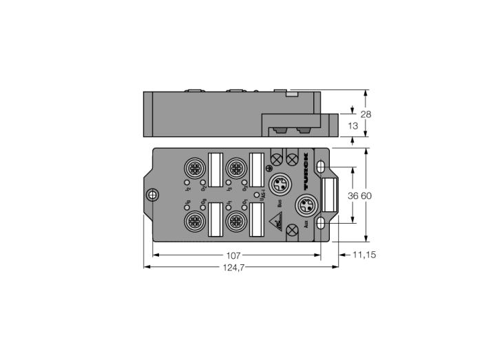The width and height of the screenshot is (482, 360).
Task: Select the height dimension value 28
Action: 366,114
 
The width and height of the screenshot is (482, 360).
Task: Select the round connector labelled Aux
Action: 304,205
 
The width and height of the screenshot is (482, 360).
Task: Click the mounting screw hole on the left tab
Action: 153,195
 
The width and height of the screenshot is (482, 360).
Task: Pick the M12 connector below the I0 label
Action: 193,221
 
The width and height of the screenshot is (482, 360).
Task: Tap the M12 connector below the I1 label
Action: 236,221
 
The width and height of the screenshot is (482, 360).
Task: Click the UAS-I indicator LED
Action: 257,195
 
